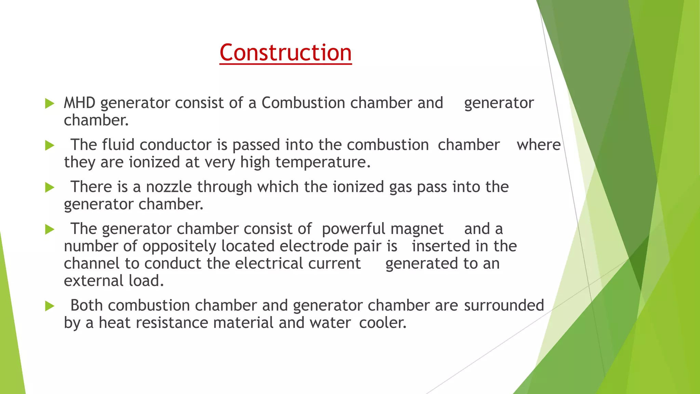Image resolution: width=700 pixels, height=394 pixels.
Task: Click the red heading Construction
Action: point(285,53)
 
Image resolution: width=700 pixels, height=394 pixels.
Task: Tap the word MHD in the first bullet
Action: point(79,103)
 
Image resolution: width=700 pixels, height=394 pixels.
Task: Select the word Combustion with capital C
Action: point(303,103)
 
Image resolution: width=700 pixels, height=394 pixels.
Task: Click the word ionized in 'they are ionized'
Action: point(154,162)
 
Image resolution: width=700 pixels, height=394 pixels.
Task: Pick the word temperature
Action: point(323,162)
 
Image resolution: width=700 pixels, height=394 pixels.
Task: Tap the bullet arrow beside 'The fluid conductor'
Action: point(50,146)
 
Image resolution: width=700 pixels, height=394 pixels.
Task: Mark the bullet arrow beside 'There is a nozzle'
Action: point(50,187)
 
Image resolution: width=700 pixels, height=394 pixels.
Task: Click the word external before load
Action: point(93,281)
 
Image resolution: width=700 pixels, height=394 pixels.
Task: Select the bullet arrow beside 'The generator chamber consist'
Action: point(50,229)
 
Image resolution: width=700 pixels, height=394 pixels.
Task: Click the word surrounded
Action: point(504,305)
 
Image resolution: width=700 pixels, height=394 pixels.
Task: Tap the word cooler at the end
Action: point(382,323)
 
